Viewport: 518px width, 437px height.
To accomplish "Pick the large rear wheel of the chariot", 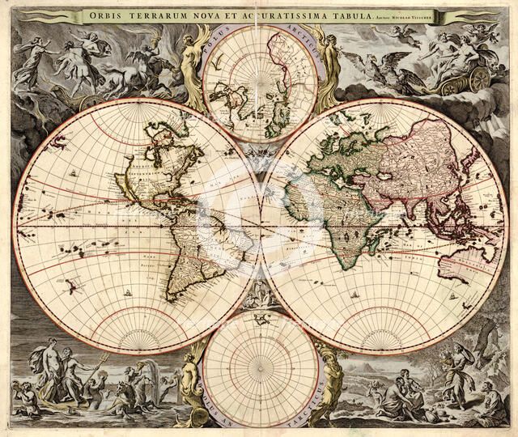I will click(x=479, y=78).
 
